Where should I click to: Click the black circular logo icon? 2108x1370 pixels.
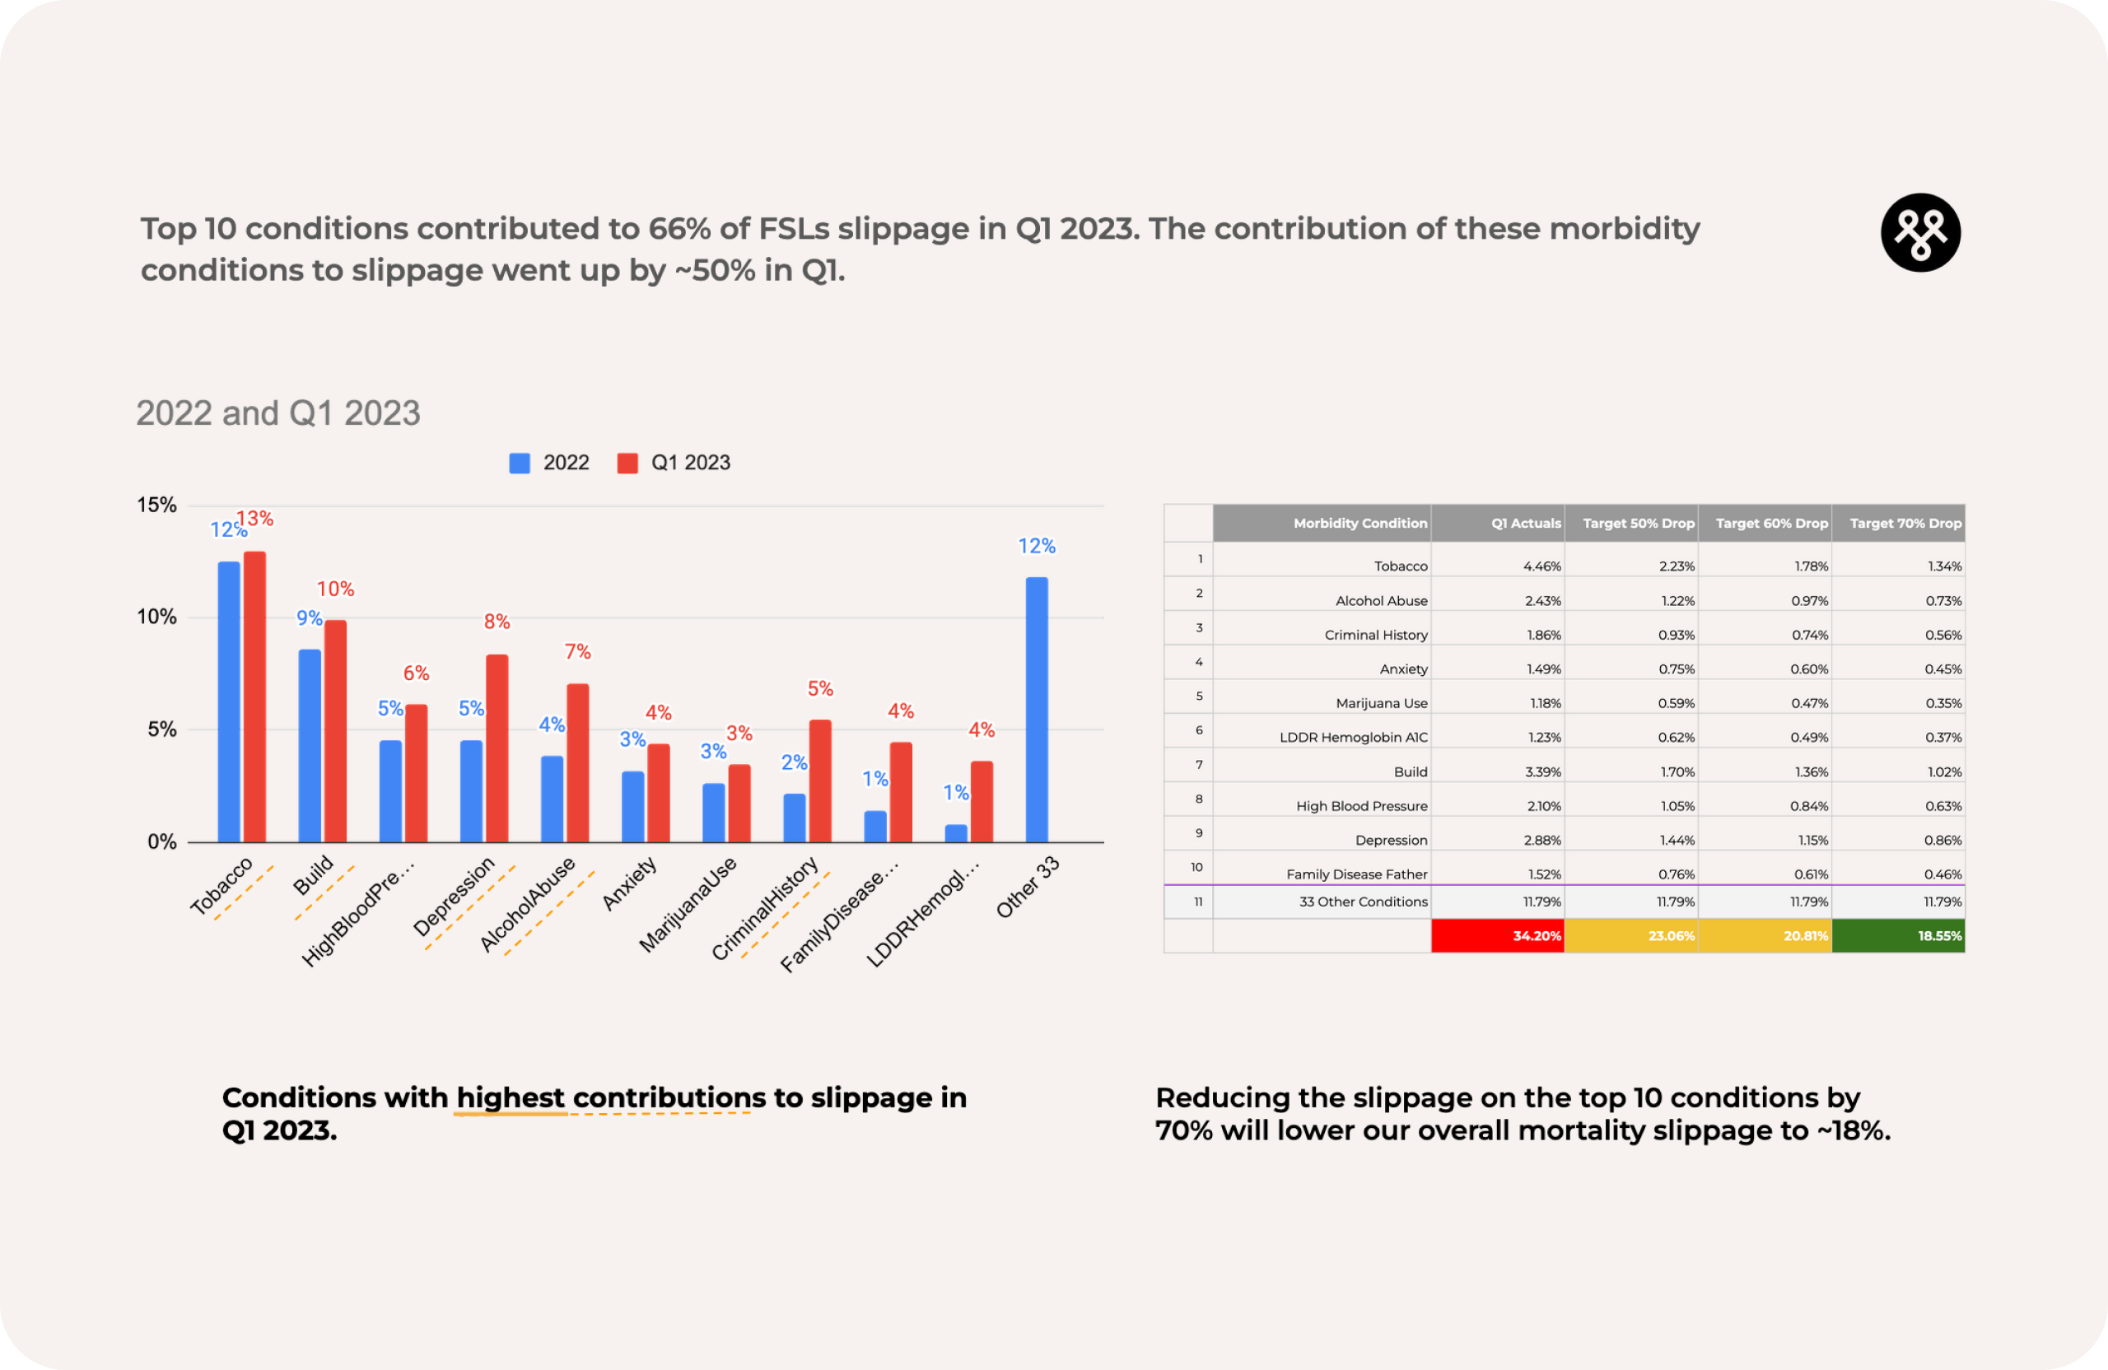pos(1919,233)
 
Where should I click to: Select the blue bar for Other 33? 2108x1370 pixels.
pos(1036,710)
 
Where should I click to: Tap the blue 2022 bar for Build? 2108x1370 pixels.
pos(309,746)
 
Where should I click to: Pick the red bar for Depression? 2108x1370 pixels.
pos(497,748)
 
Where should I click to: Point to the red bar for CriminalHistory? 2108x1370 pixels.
pos(820,781)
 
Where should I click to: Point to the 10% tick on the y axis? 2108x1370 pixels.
pos(156,617)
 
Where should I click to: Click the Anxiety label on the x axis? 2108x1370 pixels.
pos(631,883)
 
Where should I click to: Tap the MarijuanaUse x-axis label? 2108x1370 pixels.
pos(688,904)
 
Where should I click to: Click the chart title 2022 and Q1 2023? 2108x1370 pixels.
pos(278,413)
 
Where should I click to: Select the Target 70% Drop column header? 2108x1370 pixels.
pos(1905,524)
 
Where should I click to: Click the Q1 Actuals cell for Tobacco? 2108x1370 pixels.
pos(1541,566)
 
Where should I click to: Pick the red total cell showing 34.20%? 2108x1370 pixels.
pos(1498,936)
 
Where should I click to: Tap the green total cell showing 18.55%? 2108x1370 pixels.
pos(1897,936)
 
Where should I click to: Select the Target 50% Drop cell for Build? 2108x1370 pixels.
pos(1677,772)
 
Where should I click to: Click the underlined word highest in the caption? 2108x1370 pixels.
pos(511,1098)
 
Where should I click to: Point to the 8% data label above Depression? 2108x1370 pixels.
pos(497,622)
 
